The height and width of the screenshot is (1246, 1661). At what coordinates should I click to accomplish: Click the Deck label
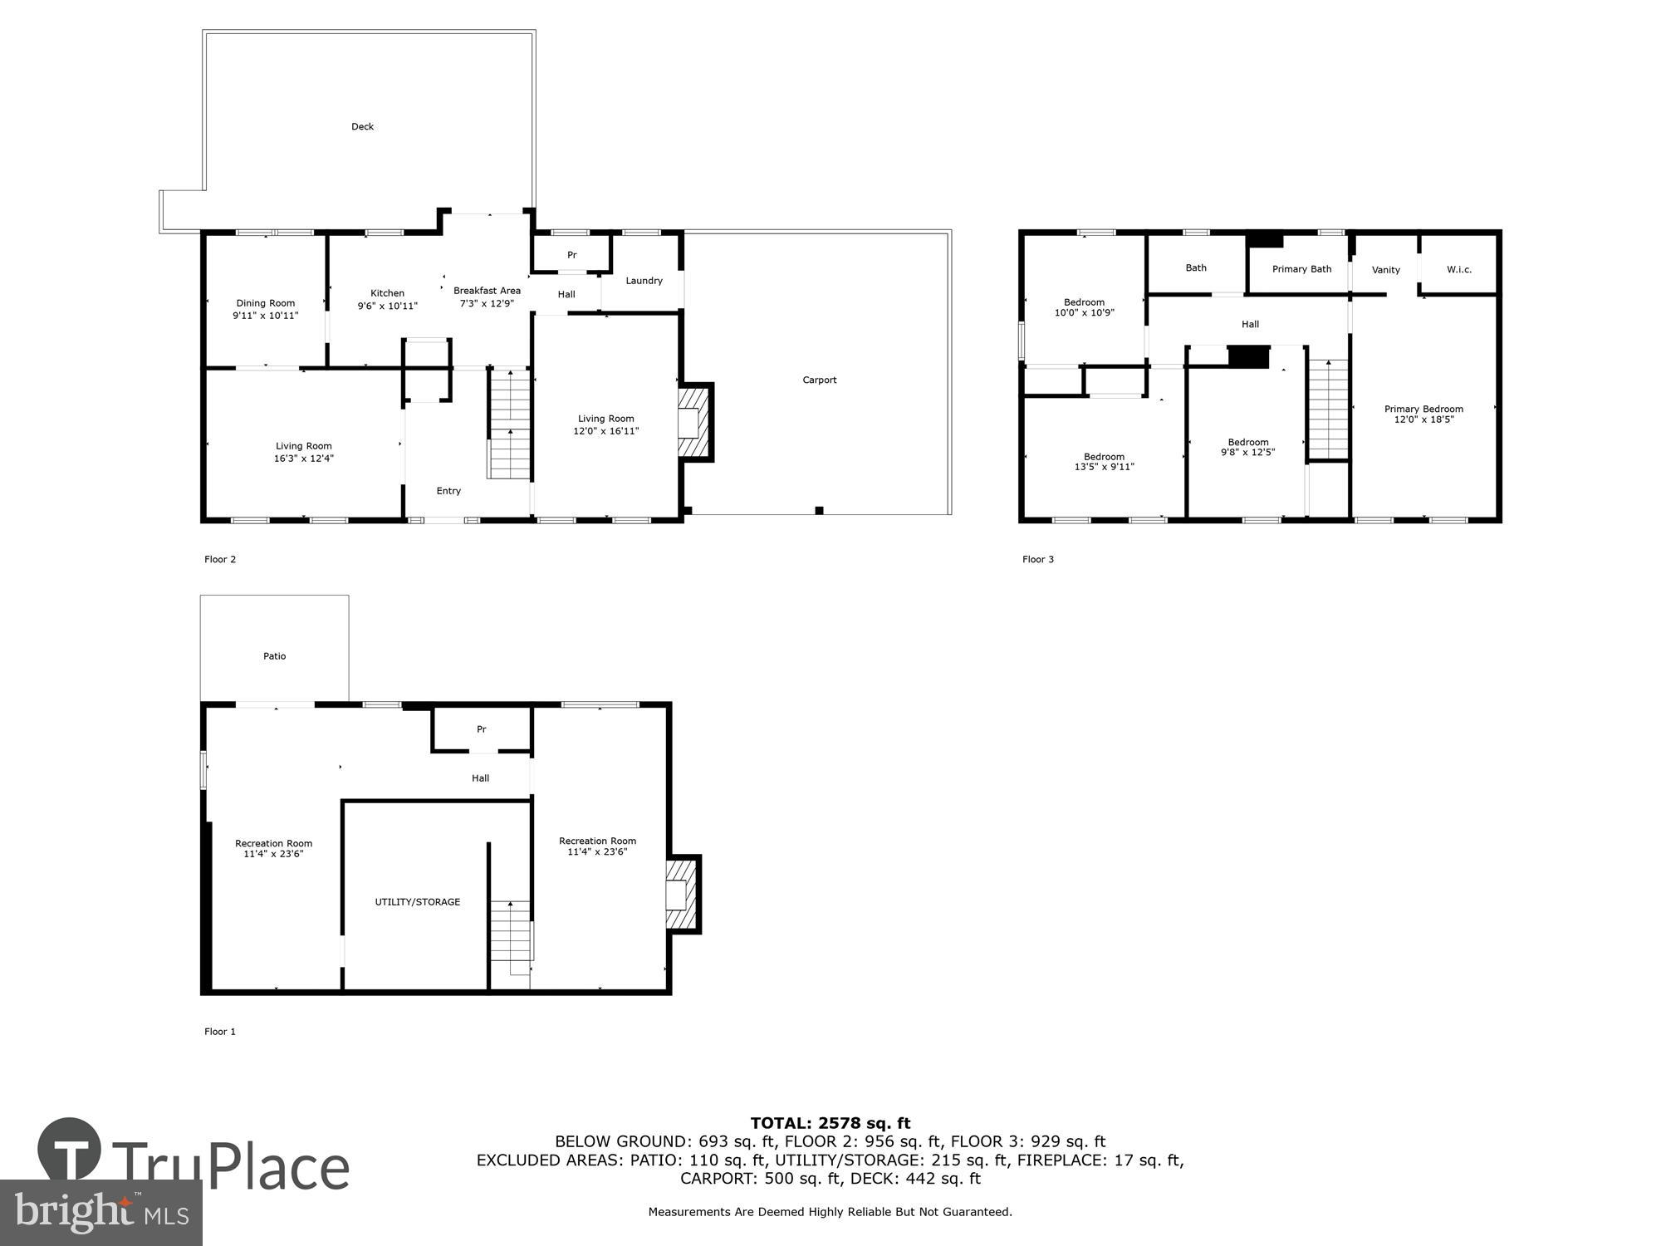[x=362, y=127]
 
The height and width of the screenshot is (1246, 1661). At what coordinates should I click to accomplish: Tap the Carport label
[x=819, y=380]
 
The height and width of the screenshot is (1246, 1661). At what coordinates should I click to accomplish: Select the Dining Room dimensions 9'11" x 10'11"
[x=265, y=316]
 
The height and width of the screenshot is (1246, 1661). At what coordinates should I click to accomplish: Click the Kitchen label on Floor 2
[x=387, y=293]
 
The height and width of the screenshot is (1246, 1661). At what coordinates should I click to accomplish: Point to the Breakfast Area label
[x=487, y=291]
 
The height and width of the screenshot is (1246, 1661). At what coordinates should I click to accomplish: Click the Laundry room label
[x=644, y=281]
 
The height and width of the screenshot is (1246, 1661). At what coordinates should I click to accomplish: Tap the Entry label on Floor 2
[x=448, y=491]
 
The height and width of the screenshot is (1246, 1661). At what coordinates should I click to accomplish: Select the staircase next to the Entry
[x=509, y=424]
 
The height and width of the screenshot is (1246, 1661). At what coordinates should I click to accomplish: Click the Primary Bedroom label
[x=1423, y=409]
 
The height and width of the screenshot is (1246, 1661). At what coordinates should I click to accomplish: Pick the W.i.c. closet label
[x=1458, y=270]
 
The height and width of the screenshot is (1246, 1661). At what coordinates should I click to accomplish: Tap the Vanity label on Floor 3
[x=1385, y=270]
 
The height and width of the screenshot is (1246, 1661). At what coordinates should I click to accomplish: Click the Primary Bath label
[x=1301, y=269]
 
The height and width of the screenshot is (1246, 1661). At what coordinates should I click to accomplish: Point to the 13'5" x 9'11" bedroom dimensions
[x=1104, y=467]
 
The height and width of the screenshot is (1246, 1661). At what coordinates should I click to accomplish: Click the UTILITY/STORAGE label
[x=417, y=902]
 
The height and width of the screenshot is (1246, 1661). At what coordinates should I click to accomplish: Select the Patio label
[x=274, y=656]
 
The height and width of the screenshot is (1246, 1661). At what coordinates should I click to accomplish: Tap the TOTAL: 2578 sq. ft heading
[x=830, y=1124]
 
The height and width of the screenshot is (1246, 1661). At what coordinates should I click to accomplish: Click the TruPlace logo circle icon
[x=70, y=1150]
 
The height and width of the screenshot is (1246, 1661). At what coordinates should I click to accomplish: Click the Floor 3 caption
[x=1037, y=560]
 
